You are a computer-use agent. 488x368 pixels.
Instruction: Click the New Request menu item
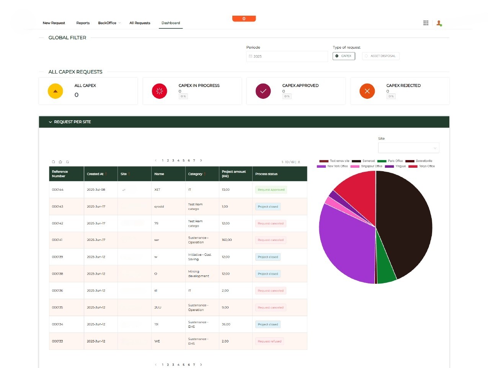click(54, 23)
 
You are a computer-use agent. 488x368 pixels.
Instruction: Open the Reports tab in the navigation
click(83, 23)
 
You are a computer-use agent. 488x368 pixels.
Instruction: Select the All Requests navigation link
click(140, 23)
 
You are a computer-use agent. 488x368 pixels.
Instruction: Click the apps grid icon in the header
click(426, 23)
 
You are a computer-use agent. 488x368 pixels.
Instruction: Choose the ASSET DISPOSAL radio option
click(380, 56)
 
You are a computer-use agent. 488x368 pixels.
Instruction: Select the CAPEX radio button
click(344, 56)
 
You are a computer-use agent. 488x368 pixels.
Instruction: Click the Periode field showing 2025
click(287, 56)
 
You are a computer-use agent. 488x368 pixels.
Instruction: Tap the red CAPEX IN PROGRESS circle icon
click(160, 91)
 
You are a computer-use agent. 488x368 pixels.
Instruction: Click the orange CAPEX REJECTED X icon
click(367, 91)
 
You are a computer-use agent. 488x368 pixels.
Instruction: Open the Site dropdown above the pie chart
click(408, 148)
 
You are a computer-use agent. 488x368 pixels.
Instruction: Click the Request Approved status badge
click(271, 190)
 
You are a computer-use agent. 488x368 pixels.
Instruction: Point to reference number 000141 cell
click(57, 240)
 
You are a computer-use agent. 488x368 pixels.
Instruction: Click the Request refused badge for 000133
click(269, 341)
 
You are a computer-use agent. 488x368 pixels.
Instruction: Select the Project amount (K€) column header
click(234, 174)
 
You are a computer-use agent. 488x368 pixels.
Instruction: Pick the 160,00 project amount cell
click(227, 240)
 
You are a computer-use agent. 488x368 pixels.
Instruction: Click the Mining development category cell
click(199, 274)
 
